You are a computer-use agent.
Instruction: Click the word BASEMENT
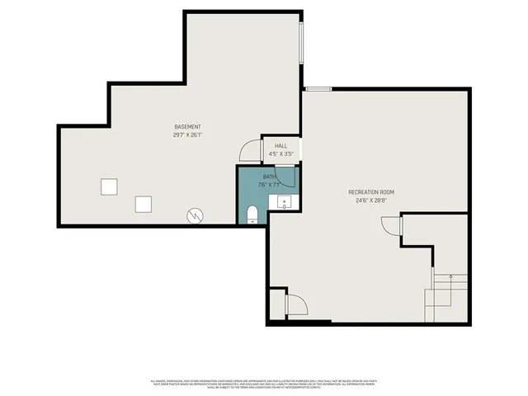click(x=188, y=126)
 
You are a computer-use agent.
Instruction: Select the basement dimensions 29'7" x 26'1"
click(x=188, y=134)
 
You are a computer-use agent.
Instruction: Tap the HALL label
click(x=281, y=146)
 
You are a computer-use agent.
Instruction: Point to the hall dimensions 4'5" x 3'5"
click(x=281, y=153)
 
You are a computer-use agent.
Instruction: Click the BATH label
click(x=270, y=177)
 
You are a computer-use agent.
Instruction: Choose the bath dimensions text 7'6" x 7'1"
click(x=270, y=184)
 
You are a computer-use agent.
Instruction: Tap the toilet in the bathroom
click(x=253, y=215)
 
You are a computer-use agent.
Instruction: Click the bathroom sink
click(x=285, y=201)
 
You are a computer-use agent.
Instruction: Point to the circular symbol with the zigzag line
click(x=195, y=214)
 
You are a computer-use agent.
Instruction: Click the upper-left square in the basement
click(x=109, y=186)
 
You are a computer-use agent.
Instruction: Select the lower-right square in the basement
click(x=144, y=204)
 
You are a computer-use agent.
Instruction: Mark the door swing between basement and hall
click(x=247, y=151)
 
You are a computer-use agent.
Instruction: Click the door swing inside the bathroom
click(x=285, y=177)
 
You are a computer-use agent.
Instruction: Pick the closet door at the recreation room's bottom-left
click(x=296, y=305)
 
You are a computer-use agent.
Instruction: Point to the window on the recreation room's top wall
click(x=318, y=88)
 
